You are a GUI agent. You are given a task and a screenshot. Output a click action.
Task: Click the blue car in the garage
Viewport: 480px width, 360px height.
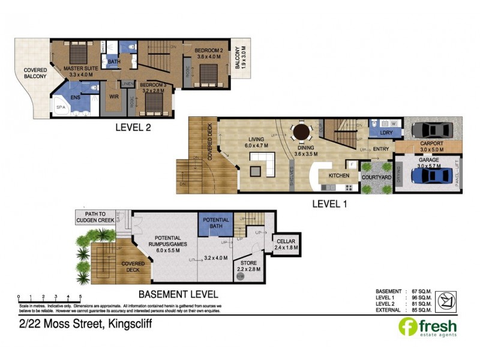[x=430, y=175]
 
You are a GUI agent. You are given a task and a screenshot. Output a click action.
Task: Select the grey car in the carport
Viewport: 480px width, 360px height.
[x=433, y=130]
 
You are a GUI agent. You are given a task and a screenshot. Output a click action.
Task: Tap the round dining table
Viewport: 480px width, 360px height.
[x=301, y=132]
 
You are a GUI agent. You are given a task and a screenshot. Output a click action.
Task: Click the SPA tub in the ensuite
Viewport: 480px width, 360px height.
[x=62, y=107]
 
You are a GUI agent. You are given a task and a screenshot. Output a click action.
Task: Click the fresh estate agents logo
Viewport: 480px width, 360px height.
[x=427, y=328]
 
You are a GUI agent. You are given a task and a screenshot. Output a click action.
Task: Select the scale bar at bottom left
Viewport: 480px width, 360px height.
[x=49, y=296]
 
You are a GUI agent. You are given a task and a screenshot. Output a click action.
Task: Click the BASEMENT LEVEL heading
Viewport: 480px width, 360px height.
[x=178, y=294]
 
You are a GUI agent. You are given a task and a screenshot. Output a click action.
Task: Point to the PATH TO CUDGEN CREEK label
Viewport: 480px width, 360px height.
[x=95, y=217]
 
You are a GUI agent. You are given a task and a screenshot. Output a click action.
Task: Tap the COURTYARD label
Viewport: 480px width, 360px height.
[x=376, y=178]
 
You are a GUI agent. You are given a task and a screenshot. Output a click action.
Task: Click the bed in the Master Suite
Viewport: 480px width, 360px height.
[x=77, y=55]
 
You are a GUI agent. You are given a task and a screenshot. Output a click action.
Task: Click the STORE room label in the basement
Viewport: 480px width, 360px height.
[x=248, y=263]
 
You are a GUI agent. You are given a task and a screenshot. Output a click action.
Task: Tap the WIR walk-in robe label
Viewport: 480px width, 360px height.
[x=112, y=95]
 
